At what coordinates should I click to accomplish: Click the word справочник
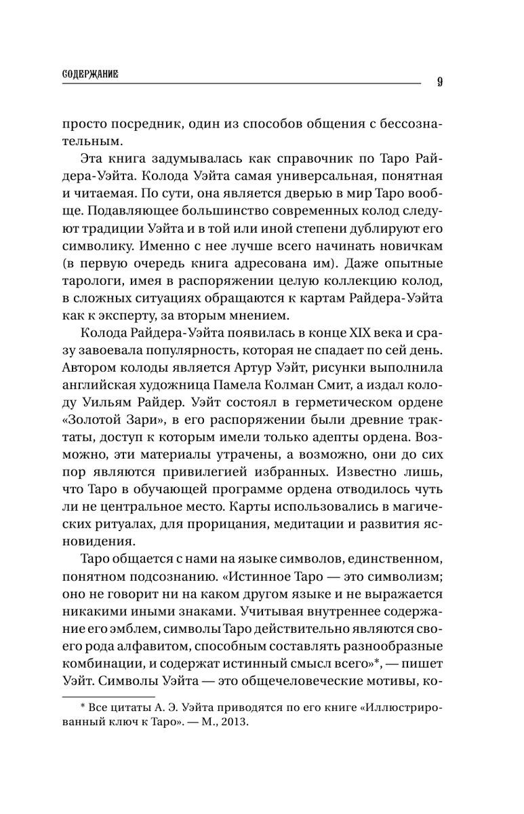pyautogui.click(x=298, y=159)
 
